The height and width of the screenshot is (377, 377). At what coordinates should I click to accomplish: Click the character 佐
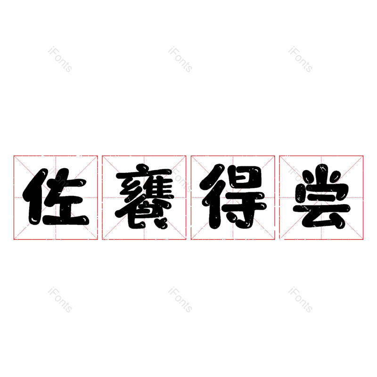pos(56,197)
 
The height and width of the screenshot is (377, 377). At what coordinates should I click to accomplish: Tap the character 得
pos(233,197)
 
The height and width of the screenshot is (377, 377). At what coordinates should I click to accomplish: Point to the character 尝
pos(321,197)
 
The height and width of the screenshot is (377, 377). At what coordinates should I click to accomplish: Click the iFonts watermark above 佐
pos(60,59)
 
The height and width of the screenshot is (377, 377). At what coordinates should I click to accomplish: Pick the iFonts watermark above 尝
pos(300,59)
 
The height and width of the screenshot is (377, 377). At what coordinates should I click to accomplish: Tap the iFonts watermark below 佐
pos(60,300)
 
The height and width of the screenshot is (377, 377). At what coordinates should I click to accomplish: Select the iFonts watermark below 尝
pos(300,300)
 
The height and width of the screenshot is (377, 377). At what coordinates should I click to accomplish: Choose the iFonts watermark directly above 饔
pos(180,59)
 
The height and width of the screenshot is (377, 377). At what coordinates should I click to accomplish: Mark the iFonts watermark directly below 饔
pos(180,300)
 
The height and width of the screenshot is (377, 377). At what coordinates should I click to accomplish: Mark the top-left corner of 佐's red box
pos(14,156)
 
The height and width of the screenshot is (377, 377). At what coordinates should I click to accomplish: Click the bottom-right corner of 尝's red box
pos(363,239)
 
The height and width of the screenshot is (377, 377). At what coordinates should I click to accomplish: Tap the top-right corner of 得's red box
pos(275,156)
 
